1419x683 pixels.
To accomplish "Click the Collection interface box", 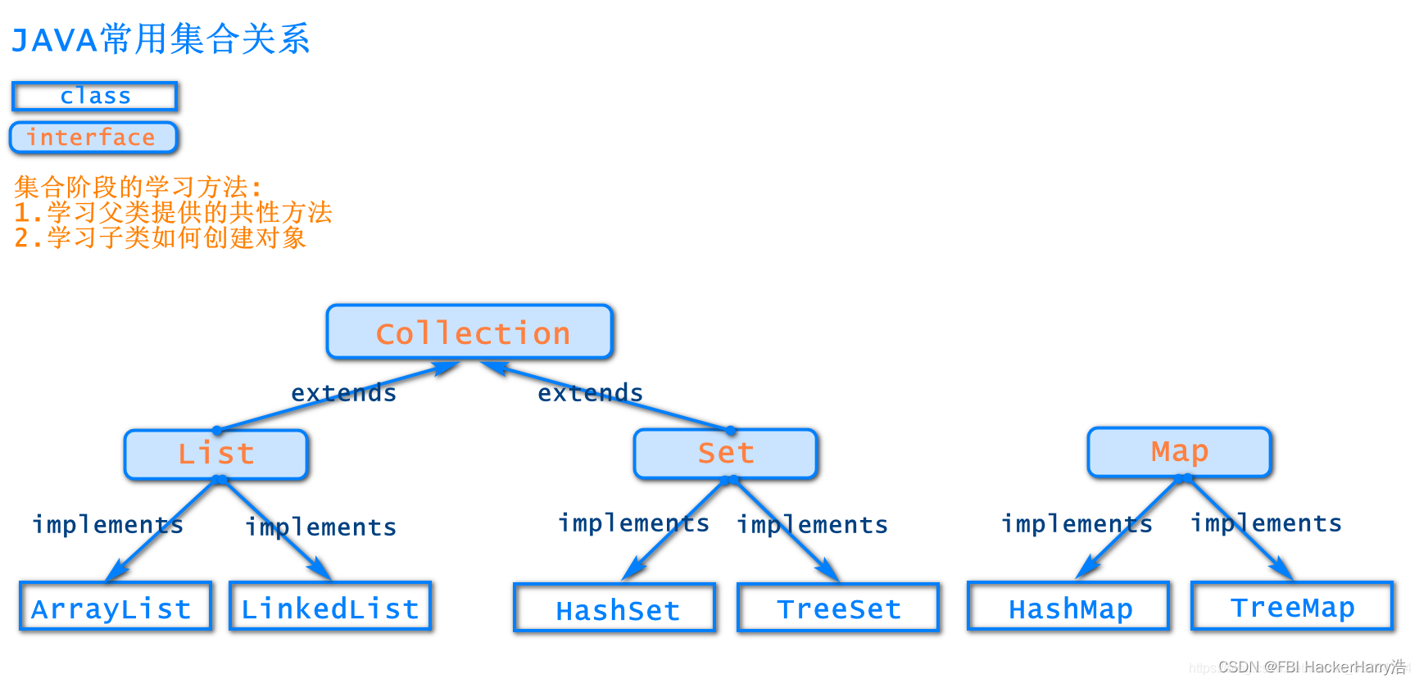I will pyautogui.click(x=469, y=332).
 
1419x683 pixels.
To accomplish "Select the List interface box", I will pyautogui.click(x=216, y=454).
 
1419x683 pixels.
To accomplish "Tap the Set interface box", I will pyautogui.click(x=726, y=453).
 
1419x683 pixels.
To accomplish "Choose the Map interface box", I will pyautogui.click(x=1179, y=451).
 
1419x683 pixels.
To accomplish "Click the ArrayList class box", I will pyautogui.click(x=115, y=608).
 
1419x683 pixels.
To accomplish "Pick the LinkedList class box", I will pyautogui.click(x=330, y=608).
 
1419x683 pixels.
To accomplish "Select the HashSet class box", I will pyautogui.click(x=615, y=609).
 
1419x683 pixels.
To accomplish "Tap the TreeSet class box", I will pyautogui.click(x=838, y=608).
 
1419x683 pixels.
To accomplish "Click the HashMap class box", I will pyautogui.click(x=1068, y=608).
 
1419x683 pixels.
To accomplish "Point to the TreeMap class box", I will pyautogui.click(x=1292, y=607).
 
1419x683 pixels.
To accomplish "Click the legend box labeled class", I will pyautogui.click(x=95, y=96).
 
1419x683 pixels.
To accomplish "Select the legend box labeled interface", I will pyautogui.click(x=93, y=137).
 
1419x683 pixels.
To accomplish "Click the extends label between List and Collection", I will pyautogui.click(x=343, y=393).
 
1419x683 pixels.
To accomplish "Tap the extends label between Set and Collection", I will pyautogui.click(x=590, y=393).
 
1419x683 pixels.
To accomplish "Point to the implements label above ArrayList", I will pyautogui.click(x=107, y=524).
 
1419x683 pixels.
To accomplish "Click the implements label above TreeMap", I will pyautogui.click(x=1266, y=522).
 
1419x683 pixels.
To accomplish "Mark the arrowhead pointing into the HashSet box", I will pyautogui.click(x=632, y=571).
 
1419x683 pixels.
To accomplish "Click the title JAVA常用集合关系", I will pyautogui.click(x=161, y=39).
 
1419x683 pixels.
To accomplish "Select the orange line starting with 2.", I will pyautogui.click(x=161, y=237).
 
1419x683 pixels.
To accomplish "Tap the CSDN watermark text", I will pyautogui.click(x=1311, y=667).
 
